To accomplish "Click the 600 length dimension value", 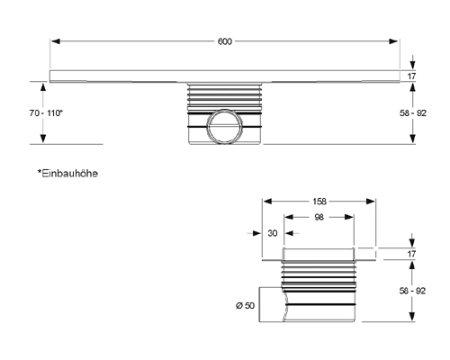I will (x=222, y=41).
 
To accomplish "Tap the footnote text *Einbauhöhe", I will (x=67, y=171).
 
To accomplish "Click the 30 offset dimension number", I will (x=271, y=233).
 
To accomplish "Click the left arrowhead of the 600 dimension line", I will (x=53, y=41).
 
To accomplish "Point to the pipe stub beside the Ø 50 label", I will (x=273, y=305).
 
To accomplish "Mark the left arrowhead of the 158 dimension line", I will (x=265, y=202).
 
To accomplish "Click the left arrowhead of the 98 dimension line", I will (x=287, y=218).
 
